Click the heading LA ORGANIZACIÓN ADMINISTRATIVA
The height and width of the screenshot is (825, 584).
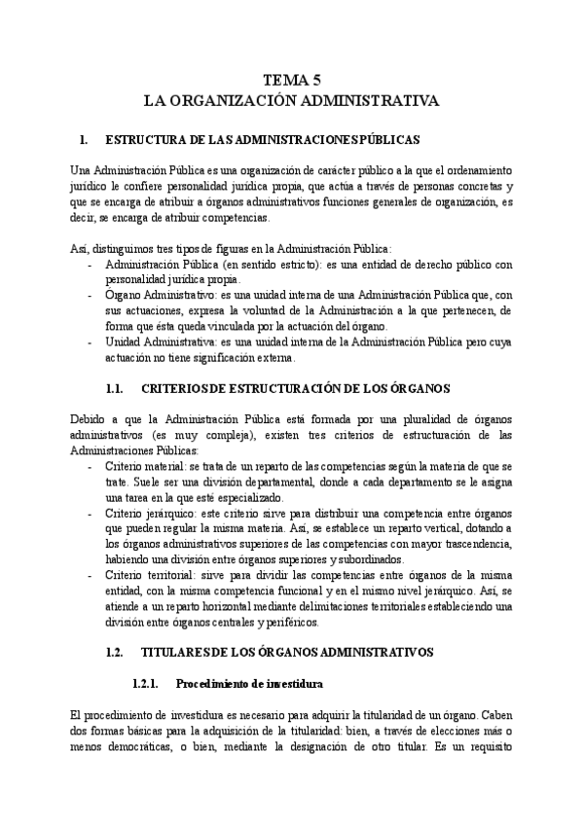(x=291, y=100)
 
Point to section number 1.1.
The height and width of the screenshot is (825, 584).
(x=110, y=388)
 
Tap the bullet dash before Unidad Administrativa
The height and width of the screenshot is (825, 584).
(x=91, y=341)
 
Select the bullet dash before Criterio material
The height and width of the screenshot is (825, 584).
(x=91, y=467)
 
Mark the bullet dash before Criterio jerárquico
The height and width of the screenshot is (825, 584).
(x=91, y=513)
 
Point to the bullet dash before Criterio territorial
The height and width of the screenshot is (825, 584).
(x=91, y=574)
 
